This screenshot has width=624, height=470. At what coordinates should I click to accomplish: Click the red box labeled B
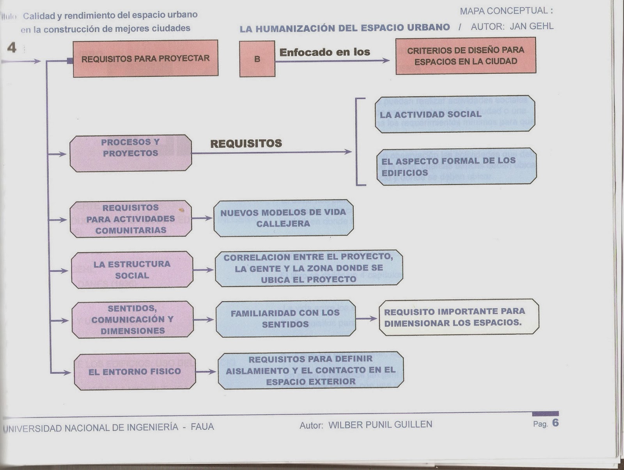[x=257, y=59]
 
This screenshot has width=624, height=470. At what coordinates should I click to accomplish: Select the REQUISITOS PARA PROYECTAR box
[x=145, y=59]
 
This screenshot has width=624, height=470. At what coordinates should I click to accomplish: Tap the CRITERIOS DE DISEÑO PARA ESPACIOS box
[x=466, y=56]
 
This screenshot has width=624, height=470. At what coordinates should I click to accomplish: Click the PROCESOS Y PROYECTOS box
[x=131, y=153]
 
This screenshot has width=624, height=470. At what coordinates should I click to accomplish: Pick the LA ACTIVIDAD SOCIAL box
[x=455, y=114]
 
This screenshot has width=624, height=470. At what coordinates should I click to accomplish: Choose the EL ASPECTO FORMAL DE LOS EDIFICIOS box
[x=456, y=167]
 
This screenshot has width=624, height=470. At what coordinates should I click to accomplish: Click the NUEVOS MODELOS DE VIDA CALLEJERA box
[x=284, y=218]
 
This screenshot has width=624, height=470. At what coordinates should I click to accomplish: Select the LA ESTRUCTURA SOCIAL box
[x=132, y=270]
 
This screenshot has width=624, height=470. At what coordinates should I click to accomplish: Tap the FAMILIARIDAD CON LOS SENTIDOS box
[x=285, y=319]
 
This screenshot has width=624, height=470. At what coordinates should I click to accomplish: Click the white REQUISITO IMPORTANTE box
[x=459, y=317]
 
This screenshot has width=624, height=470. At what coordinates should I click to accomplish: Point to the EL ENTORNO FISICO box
[x=135, y=372]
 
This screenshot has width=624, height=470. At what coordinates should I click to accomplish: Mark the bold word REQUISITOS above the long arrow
[x=246, y=144]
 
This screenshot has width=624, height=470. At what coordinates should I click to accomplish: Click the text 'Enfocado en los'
[x=324, y=52]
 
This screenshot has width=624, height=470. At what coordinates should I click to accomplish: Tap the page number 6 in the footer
[x=555, y=423]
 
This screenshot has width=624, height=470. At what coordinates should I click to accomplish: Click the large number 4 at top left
[x=12, y=48]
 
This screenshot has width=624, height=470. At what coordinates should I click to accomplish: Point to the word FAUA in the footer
[x=202, y=427]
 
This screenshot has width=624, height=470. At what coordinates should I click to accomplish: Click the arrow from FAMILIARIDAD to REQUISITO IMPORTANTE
[x=367, y=319]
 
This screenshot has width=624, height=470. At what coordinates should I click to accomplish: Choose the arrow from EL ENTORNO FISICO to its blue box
[x=206, y=372]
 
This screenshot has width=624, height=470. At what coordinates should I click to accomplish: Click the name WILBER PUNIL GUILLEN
[x=380, y=425]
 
